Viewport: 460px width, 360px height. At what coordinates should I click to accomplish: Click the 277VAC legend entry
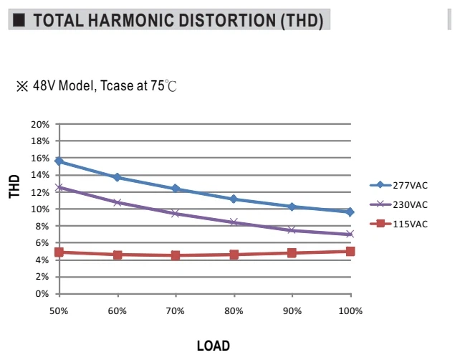point(398,185)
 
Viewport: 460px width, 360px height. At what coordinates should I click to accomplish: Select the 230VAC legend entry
point(398,204)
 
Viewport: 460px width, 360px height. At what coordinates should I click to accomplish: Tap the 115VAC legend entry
point(398,224)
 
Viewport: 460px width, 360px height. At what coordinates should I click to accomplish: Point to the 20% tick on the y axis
point(40,125)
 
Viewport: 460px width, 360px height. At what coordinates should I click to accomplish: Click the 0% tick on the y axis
point(42,293)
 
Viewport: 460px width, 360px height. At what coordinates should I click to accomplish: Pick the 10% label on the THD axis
point(40,209)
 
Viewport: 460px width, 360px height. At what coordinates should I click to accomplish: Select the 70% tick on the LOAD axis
point(176,311)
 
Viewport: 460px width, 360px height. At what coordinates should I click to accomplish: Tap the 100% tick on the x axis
point(350,311)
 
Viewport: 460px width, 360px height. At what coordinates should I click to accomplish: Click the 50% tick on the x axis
point(59,311)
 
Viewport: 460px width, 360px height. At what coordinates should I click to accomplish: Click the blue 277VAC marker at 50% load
point(59,161)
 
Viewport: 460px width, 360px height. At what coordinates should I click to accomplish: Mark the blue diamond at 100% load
point(350,212)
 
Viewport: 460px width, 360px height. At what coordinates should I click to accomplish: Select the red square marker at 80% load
point(234,255)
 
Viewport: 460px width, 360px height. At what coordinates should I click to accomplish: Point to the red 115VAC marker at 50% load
point(59,252)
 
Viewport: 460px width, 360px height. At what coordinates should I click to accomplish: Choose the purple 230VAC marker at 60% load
point(118,202)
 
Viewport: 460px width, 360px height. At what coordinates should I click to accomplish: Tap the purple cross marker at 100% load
point(350,234)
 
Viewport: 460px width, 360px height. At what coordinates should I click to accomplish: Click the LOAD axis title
point(214,346)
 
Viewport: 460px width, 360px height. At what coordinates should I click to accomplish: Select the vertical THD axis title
point(14,186)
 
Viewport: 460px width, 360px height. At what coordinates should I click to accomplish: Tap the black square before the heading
point(19,20)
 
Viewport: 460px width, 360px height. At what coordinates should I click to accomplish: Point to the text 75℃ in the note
point(163,85)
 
